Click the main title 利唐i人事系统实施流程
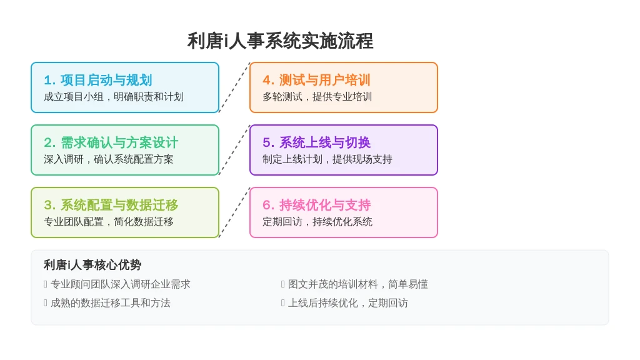(281, 41)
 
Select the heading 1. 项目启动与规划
(98, 80)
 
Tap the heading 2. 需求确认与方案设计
(111, 142)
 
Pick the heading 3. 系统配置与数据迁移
(111, 205)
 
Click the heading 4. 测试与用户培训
(317, 80)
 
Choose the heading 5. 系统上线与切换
(317, 142)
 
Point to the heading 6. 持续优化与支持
(317, 205)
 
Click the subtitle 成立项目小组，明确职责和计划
(114, 97)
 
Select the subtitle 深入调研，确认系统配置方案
(109, 159)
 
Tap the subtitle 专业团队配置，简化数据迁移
(109, 222)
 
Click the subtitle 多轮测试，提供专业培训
(317, 97)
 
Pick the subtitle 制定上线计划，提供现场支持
(327, 159)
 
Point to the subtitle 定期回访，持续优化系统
(317, 222)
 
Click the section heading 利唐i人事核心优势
(92, 265)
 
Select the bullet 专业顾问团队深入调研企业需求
(117, 284)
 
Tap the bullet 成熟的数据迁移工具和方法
(107, 303)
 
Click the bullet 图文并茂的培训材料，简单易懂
(355, 284)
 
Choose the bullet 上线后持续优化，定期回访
(344, 303)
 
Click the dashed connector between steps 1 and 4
(234, 87)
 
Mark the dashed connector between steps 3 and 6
(234, 212)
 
